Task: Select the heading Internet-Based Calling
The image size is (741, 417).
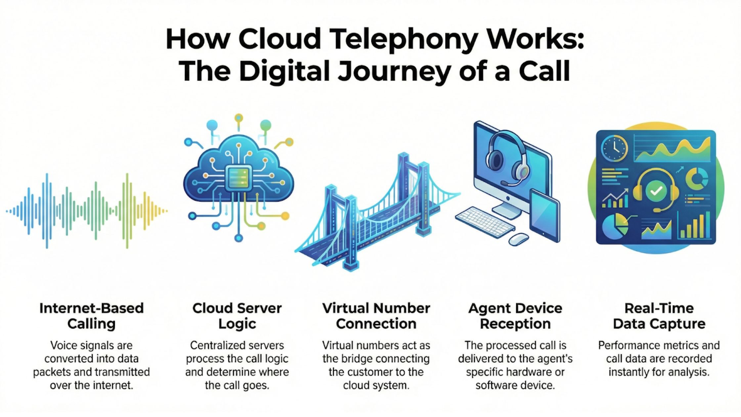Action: click(x=91, y=316)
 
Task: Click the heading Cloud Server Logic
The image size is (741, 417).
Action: click(x=237, y=316)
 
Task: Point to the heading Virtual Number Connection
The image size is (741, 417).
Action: click(x=376, y=316)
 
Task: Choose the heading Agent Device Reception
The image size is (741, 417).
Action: click(x=515, y=316)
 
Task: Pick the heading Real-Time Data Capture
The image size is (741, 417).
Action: click(x=659, y=316)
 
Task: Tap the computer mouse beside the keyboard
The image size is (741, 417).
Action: click(x=518, y=239)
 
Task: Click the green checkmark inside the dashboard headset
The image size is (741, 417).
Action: click(x=656, y=191)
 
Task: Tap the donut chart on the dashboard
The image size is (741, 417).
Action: click(x=697, y=179)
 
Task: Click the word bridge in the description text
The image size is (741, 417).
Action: click(x=358, y=359)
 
